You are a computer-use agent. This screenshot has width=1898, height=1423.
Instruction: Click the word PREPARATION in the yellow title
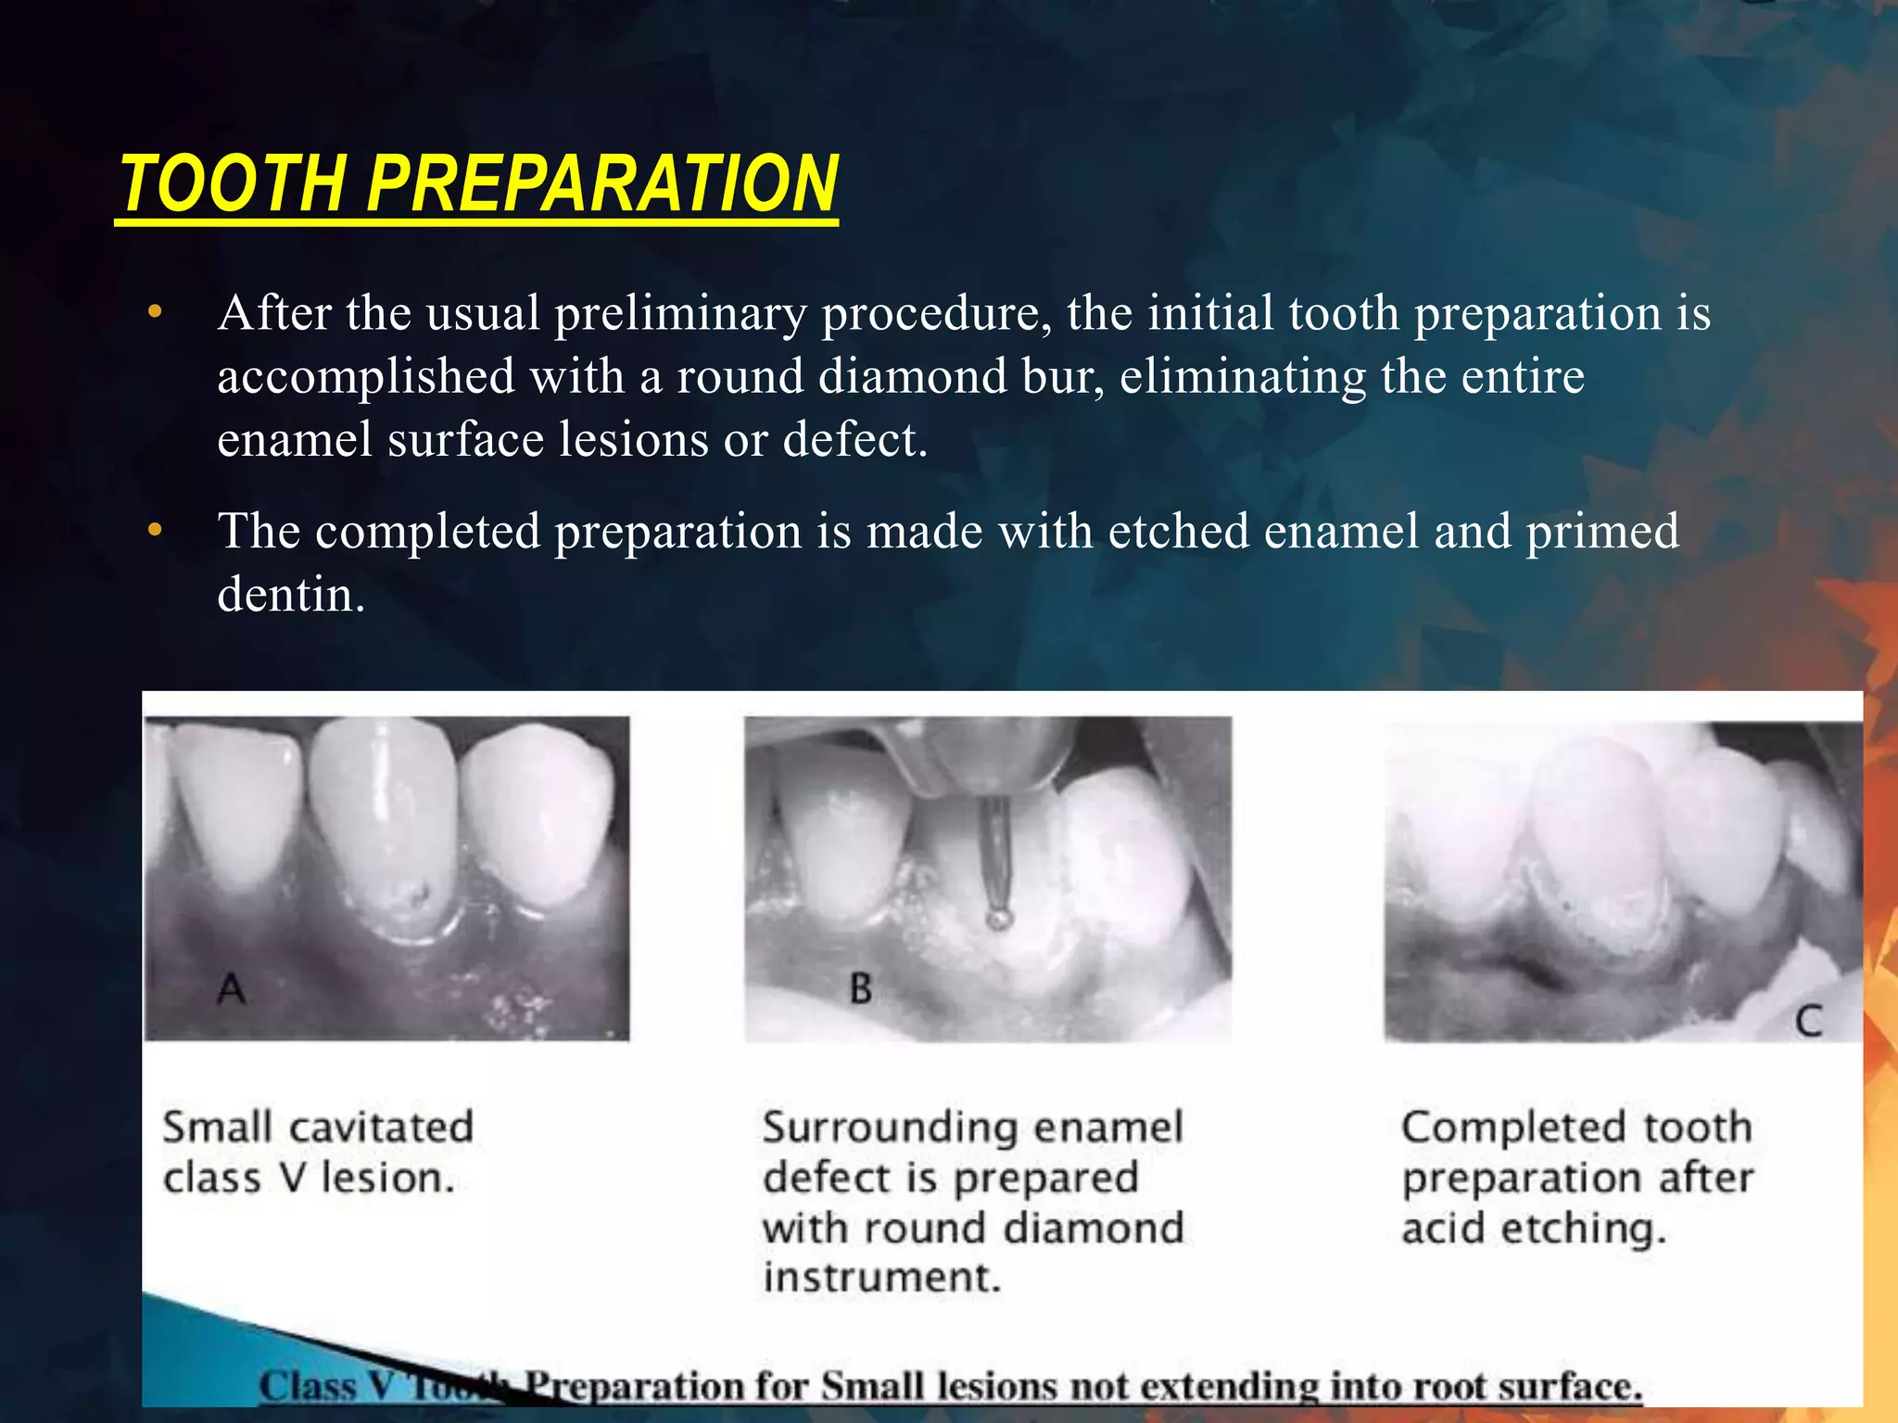coord(602,183)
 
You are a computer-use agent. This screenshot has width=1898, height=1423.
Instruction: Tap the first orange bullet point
coord(155,312)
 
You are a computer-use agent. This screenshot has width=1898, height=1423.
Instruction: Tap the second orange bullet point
coord(155,530)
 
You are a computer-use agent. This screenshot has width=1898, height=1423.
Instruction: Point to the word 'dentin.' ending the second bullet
coord(291,594)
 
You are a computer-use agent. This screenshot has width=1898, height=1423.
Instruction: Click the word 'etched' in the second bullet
coord(1179,531)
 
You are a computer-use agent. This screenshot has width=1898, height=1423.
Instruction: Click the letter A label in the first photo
coord(231,989)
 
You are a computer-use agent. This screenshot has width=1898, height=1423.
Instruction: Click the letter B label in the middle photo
coord(860,989)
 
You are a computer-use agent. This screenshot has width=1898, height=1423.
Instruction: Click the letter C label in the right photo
coord(1808,1022)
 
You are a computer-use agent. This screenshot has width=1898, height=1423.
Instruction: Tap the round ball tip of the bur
coord(998,918)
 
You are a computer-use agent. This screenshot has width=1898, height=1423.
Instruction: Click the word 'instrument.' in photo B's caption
coord(881,1278)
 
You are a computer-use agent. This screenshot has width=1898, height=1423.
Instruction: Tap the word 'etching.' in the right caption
coord(1583,1228)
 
